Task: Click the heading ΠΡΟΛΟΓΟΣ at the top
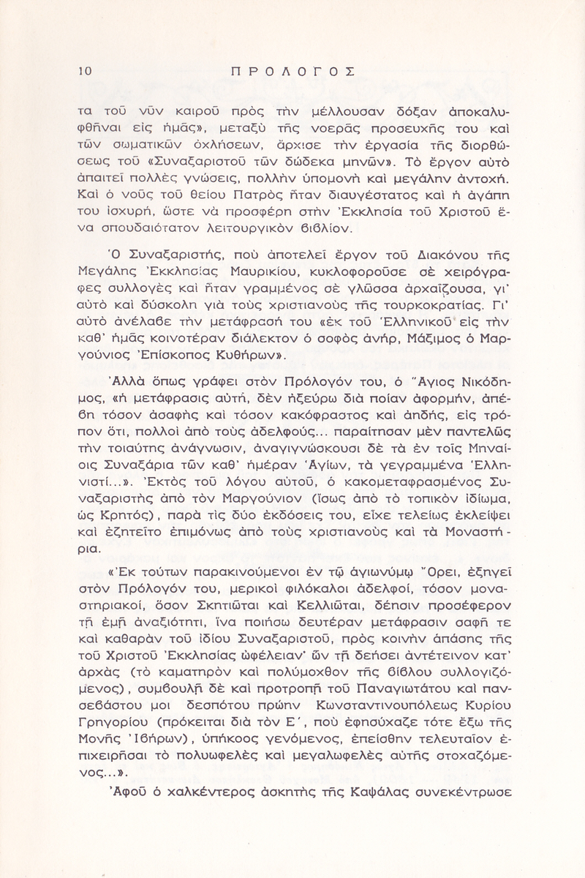[x=292, y=71]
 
